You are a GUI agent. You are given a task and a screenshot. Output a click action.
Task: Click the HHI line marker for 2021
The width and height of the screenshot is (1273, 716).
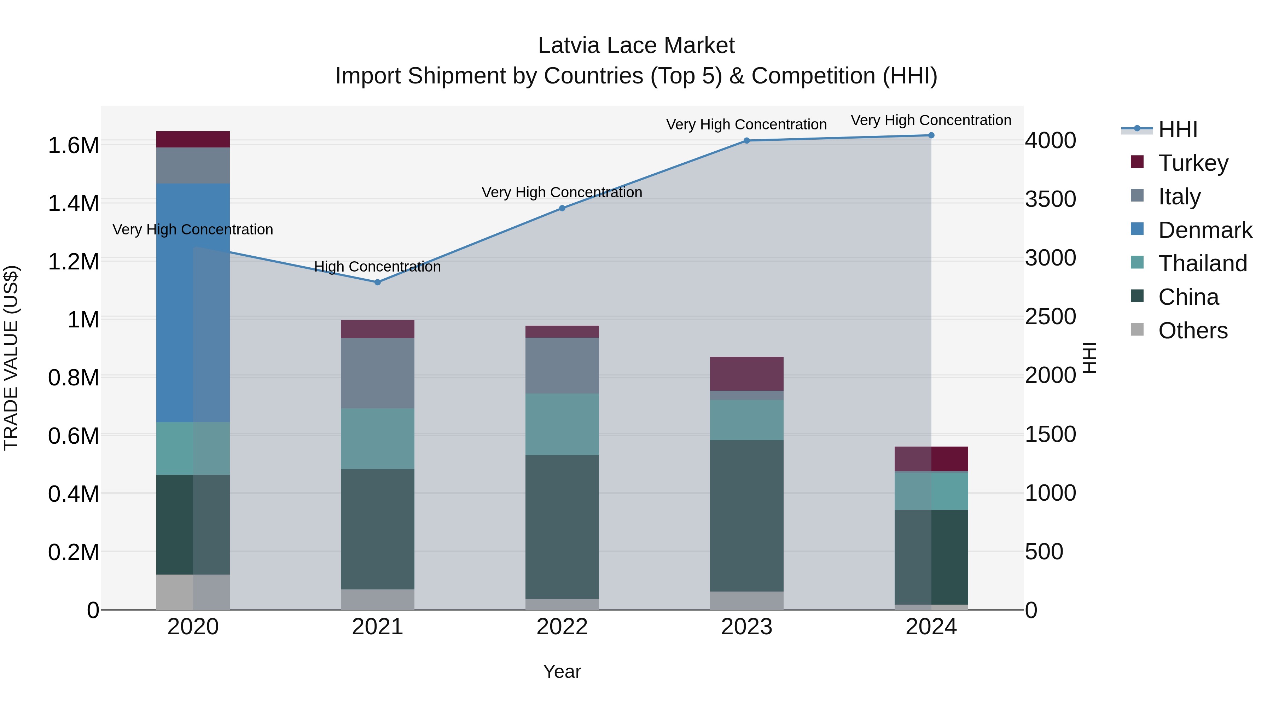tap(378, 282)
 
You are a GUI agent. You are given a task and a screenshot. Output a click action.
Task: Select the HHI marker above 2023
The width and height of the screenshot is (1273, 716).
tap(747, 141)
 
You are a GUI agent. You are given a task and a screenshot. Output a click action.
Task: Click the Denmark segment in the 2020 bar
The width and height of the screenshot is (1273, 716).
tap(193, 302)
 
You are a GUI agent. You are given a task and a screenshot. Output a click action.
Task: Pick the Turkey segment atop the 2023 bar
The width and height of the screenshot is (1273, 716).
tap(747, 374)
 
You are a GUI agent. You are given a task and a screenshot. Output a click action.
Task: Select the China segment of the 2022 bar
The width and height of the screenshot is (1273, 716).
tap(562, 527)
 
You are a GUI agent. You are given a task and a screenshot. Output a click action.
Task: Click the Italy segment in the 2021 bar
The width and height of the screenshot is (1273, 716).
tap(378, 373)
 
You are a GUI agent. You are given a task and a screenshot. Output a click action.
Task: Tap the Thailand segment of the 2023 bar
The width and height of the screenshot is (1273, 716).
tap(747, 420)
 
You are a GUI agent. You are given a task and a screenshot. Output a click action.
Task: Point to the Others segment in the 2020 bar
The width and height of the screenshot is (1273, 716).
tap(193, 592)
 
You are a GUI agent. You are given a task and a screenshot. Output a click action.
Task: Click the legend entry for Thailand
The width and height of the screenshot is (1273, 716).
tap(1202, 263)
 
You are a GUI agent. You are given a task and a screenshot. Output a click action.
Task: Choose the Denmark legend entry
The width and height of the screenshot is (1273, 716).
tap(1205, 230)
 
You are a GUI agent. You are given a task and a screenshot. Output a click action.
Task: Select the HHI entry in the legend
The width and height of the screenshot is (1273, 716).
tap(1178, 129)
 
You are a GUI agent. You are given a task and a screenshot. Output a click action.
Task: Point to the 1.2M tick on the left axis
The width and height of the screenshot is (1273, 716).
tap(74, 262)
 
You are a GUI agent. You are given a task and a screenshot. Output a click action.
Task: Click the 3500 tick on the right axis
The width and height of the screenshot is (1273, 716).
tap(1050, 199)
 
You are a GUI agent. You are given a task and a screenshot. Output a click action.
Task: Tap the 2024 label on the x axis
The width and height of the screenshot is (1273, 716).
tap(931, 627)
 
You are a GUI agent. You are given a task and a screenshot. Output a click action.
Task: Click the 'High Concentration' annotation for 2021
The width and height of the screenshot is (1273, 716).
tap(378, 267)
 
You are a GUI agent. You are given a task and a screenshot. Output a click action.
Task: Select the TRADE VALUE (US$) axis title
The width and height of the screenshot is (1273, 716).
tap(11, 358)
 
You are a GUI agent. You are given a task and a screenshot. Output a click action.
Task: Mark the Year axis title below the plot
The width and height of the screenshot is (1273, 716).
tap(562, 671)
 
